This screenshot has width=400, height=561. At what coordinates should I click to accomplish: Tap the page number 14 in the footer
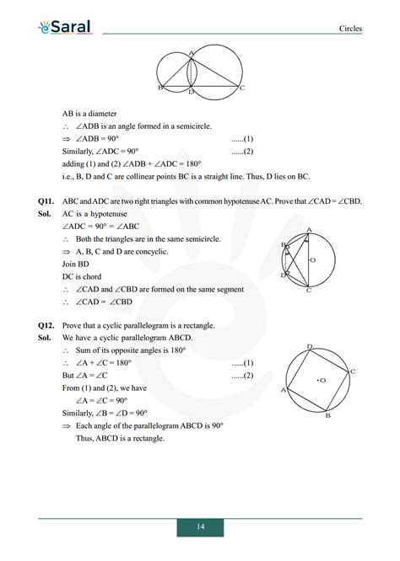pos(200,526)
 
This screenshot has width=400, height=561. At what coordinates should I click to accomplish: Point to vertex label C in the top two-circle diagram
pos(242,88)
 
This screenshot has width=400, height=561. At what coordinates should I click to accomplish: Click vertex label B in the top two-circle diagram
pos(159,88)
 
